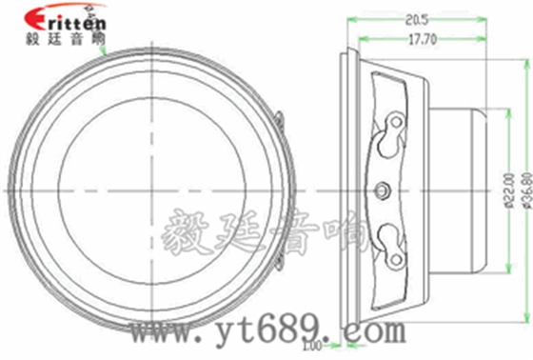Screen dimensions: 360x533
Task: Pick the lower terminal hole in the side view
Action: [x=390, y=234]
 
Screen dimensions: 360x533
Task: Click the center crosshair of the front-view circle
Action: [x=152, y=189]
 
